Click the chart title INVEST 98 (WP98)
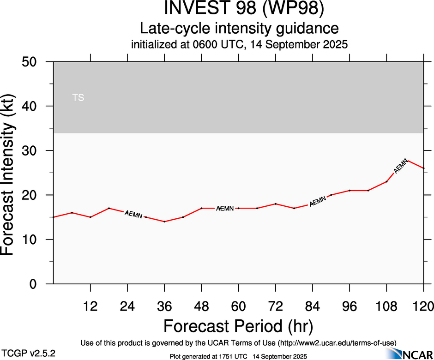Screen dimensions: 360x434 point(239,9)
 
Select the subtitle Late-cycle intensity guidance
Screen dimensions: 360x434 point(239,28)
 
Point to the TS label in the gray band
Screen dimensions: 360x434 point(78,97)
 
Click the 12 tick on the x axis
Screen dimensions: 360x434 point(90,306)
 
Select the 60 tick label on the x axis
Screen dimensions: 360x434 point(239,306)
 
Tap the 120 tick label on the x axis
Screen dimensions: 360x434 point(424,306)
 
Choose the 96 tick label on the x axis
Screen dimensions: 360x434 point(350,306)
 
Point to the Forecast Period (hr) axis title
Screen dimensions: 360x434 point(239,326)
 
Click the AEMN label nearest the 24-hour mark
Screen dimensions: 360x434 point(134,215)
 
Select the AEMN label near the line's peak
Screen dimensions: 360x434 point(401,165)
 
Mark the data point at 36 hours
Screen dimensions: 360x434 point(164,222)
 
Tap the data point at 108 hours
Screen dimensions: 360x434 point(386,181)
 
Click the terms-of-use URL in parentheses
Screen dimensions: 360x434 point(337,342)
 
